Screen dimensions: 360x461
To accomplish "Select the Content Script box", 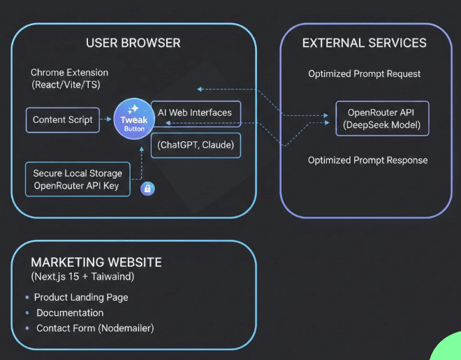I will click(63, 120).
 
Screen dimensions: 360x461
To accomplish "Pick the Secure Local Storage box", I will click(77, 180).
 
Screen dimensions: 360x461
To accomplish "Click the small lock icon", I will click(147, 188).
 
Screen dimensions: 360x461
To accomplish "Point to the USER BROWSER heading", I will click(133, 43).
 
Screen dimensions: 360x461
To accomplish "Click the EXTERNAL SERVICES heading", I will click(364, 43).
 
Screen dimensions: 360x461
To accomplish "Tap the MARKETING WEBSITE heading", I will click(96, 263).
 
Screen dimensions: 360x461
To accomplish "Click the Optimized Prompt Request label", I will click(365, 74).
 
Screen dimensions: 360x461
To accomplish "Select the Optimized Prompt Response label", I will click(367, 160).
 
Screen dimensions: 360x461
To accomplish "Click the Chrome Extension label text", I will click(70, 73).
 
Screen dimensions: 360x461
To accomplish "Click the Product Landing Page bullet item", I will click(81, 297).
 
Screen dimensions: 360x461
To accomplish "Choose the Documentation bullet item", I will click(70, 312).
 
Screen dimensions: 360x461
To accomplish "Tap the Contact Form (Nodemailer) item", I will click(94, 328).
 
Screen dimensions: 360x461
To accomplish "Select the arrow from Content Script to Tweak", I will click(105, 120).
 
